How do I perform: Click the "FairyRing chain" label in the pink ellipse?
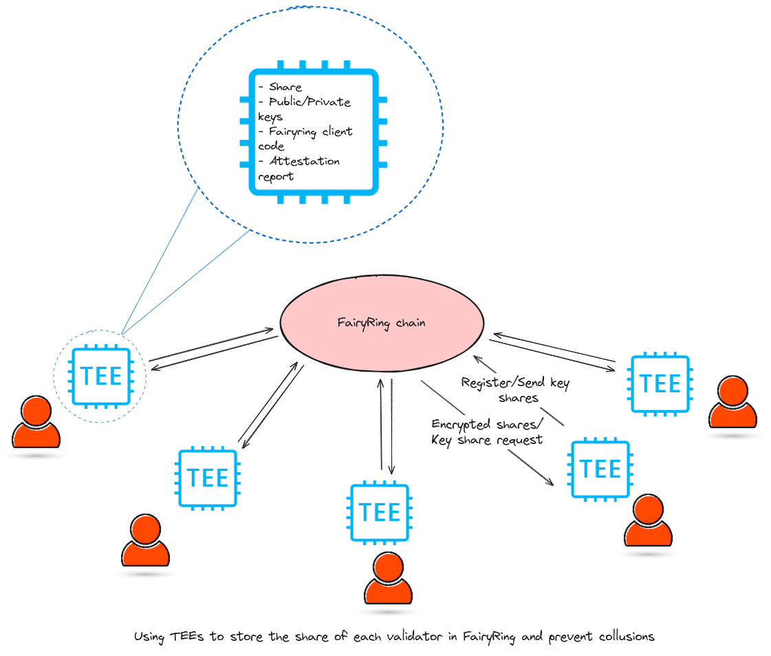pos(381,322)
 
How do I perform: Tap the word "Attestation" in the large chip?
pos(304,161)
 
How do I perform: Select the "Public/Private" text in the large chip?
pos(310,103)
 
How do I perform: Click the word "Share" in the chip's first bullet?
pos(285,87)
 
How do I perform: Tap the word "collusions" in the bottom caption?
pos(622,637)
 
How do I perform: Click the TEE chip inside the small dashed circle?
pos(100,376)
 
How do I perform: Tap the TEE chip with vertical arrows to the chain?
pos(380,513)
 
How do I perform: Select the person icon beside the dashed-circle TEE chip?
pos(36,421)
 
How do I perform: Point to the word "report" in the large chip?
pos(276,176)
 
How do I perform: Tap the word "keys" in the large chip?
pos(270,117)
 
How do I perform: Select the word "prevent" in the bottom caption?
pos(570,637)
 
